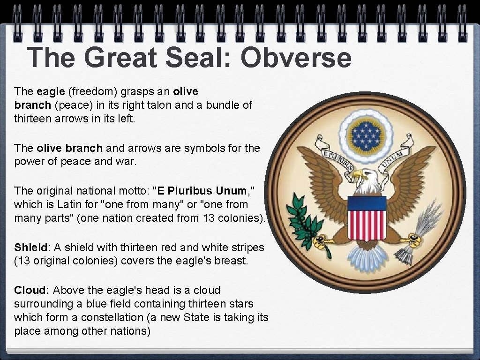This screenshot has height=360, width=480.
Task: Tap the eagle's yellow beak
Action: click(357, 175)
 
